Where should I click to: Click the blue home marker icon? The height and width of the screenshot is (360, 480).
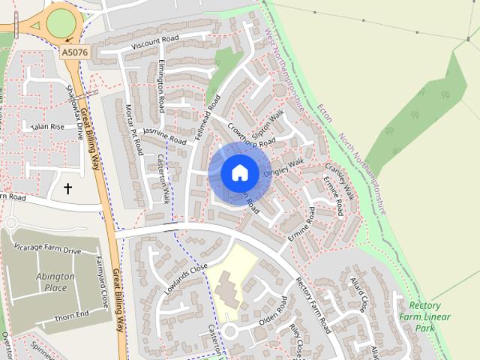click(x=239, y=172)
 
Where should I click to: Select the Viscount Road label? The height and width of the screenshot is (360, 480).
click(x=155, y=43)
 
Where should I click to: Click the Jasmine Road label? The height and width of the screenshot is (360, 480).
click(x=164, y=136)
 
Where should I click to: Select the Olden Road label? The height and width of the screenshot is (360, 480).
click(x=273, y=310)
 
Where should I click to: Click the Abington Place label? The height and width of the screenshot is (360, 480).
click(x=55, y=281)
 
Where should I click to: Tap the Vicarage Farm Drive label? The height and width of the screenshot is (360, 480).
click(x=51, y=250)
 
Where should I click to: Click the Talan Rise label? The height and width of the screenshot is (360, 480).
click(x=44, y=127)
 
